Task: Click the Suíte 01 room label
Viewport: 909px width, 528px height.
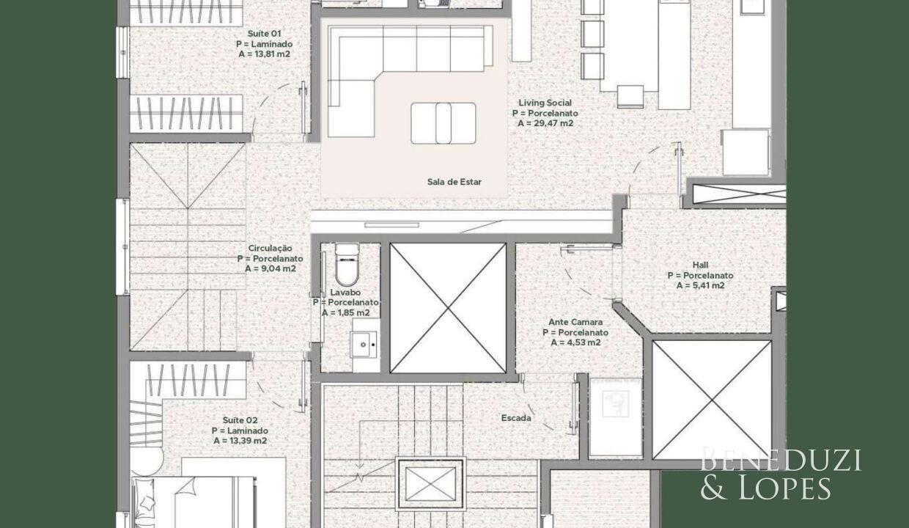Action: [x=264, y=34]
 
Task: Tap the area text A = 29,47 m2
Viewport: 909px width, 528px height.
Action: [x=545, y=123]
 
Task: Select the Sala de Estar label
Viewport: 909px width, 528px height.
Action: [x=454, y=182]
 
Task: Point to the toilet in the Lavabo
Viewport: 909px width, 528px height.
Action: [x=347, y=265]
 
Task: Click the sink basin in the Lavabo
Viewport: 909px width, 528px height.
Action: [x=364, y=345]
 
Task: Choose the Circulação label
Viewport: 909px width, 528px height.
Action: [x=270, y=248]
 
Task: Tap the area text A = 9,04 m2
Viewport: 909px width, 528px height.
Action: [x=271, y=268]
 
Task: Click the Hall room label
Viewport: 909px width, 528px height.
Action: [x=700, y=265]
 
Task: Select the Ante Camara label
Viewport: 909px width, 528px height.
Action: [x=575, y=322]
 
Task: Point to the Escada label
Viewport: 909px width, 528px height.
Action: [x=516, y=417]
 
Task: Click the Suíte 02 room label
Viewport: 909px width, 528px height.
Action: [x=240, y=420]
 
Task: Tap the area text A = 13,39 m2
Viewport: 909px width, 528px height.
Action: [x=240, y=441]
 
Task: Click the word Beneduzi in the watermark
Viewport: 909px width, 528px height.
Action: [x=781, y=461]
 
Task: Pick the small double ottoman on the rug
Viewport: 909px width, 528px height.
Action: [x=443, y=123]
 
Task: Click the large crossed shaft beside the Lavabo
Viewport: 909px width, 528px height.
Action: [x=448, y=308]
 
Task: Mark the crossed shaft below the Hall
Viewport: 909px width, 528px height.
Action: [x=712, y=400]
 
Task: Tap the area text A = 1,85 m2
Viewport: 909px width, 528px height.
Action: [x=346, y=313]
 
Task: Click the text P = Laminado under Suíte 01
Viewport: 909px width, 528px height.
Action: [x=264, y=44]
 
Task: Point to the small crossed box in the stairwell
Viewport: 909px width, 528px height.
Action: [x=430, y=484]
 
